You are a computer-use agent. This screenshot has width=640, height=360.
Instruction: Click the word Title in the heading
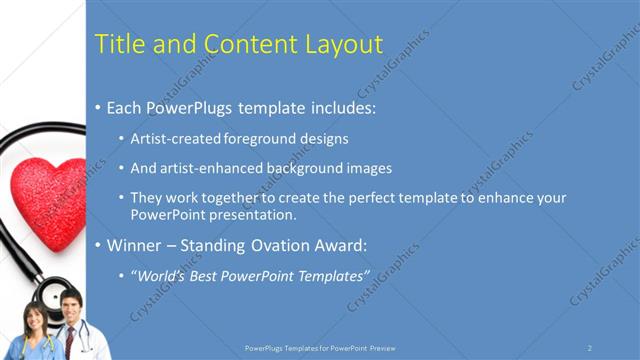tap(117, 44)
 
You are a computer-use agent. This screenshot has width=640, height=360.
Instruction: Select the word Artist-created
tap(173, 138)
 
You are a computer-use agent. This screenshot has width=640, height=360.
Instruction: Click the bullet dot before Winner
tap(97, 245)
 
